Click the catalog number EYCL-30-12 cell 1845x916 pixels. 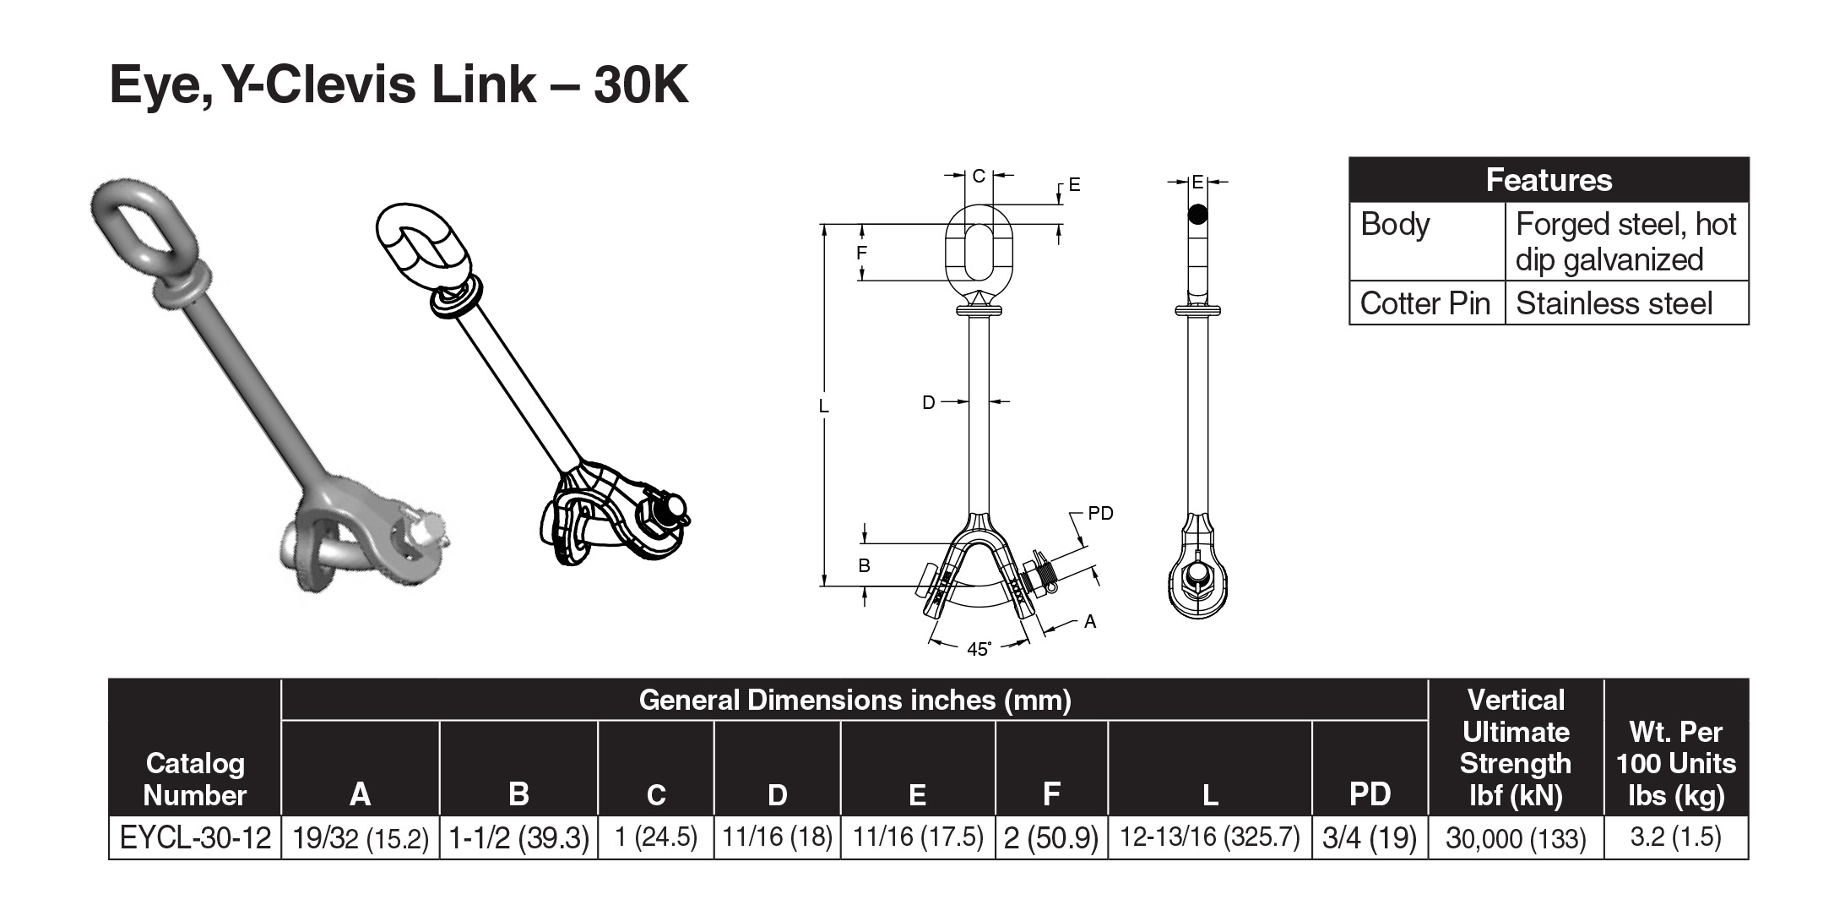195,837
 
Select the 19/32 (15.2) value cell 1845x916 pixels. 361,837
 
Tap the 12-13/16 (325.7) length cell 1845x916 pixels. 1210,837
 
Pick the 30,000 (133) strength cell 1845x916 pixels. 1516,837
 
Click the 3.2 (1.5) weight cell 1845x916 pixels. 1676,837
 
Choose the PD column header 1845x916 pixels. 1370,793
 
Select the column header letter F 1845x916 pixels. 1051,793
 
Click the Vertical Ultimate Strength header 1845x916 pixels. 1516,747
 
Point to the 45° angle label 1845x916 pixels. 979,649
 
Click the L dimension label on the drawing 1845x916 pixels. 824,406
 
